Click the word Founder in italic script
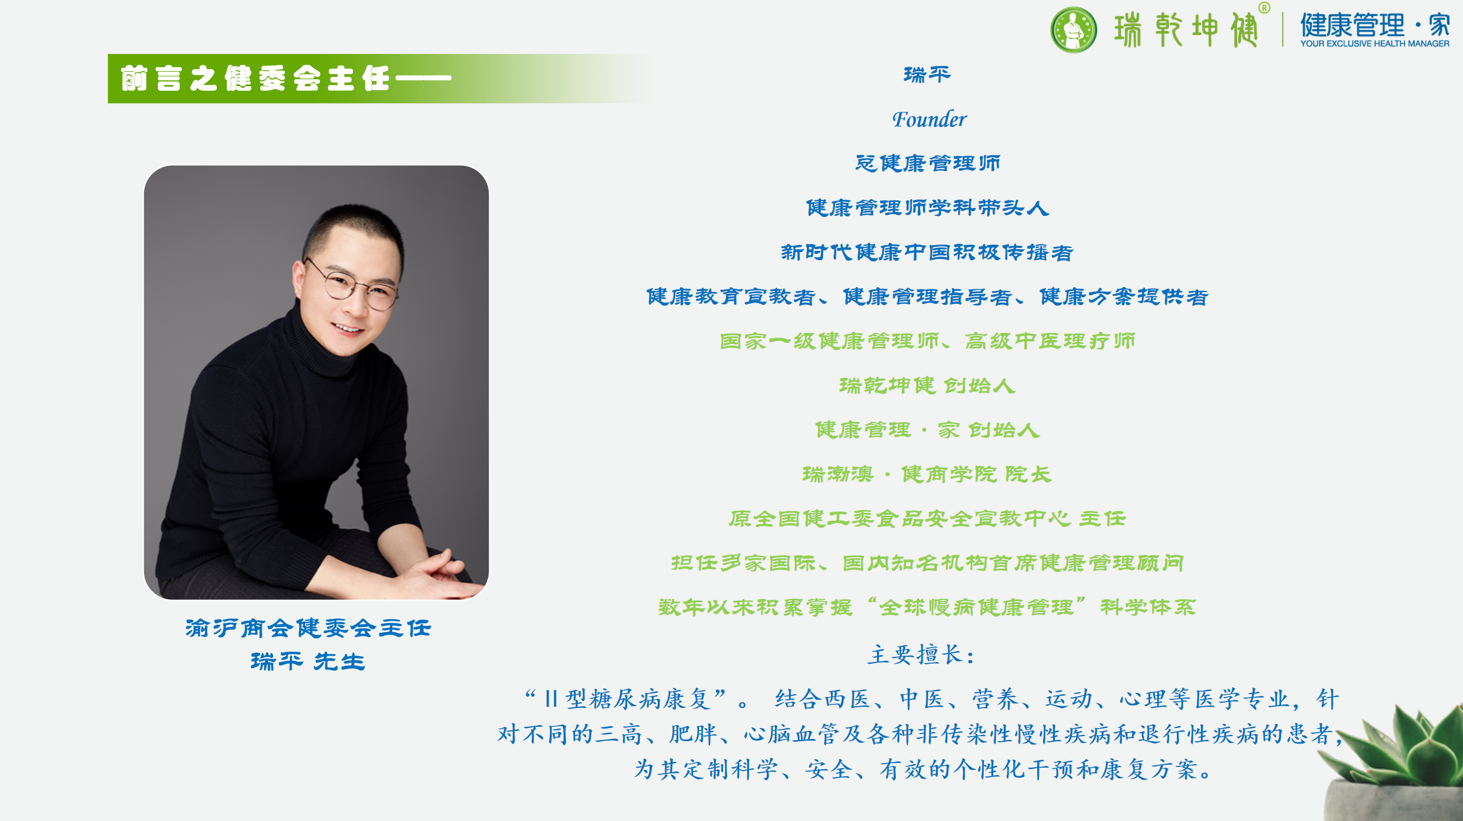coord(929,119)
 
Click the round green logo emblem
coord(1073,30)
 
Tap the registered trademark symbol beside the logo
coord(1264,8)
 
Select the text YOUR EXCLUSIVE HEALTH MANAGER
coord(1375,44)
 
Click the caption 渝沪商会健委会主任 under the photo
coord(308,628)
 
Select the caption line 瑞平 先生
coord(308,661)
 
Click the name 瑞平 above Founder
coord(928,75)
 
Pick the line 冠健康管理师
coord(928,163)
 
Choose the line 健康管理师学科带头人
coord(928,207)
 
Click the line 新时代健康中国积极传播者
coord(928,252)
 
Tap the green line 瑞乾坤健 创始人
coord(928,385)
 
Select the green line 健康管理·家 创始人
coord(928,429)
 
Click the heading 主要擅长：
coord(921,655)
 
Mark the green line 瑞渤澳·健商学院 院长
coord(928,474)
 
